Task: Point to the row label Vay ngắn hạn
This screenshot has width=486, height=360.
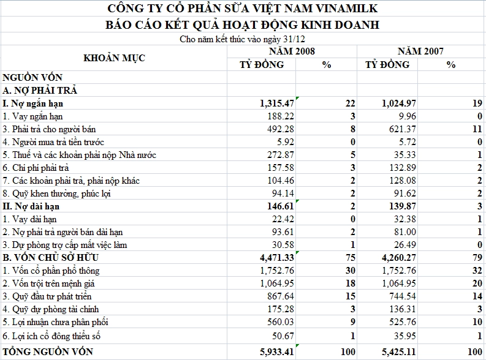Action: [x=33, y=116]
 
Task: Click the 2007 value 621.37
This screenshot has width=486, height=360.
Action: [x=399, y=129]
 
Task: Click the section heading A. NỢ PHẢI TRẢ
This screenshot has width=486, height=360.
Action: [x=40, y=91]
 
